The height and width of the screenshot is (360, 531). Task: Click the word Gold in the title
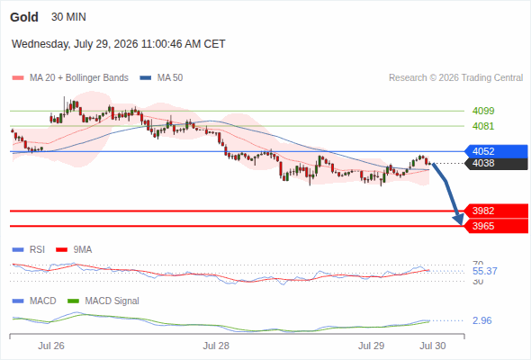(24, 17)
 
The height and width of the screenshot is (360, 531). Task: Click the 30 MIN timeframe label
(68, 17)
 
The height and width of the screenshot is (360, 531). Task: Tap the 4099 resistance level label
(483, 111)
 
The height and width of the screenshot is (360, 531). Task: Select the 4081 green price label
(483, 126)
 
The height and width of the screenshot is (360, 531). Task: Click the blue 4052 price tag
(496, 151)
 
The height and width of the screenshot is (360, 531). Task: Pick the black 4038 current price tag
(496, 163)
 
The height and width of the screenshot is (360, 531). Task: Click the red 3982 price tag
(496, 211)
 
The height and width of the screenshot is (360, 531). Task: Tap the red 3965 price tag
(496, 226)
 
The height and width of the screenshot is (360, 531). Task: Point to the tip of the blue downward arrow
(461, 224)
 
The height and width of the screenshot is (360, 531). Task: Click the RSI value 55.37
(484, 271)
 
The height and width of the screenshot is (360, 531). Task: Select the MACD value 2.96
(481, 320)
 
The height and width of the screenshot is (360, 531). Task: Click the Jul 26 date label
(51, 346)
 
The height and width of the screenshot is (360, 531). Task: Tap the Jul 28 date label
(216, 346)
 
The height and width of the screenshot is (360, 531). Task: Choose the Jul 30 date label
(433, 346)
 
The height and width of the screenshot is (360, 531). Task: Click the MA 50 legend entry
(161, 78)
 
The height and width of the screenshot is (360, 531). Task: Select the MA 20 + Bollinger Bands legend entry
(70, 78)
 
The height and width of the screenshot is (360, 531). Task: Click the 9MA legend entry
(74, 249)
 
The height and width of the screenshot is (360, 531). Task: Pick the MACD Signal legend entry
(103, 301)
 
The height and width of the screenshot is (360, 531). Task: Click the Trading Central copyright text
(455, 78)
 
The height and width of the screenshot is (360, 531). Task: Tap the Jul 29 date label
(371, 346)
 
